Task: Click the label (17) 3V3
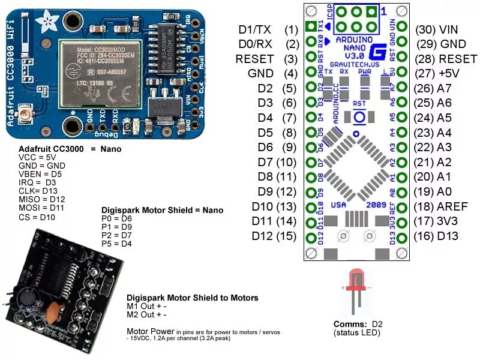tap(436, 221)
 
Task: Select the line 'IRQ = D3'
tap(37, 182)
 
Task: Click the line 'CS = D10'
tap(37, 217)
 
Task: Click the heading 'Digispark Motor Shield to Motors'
tap(192, 298)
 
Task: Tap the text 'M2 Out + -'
tap(146, 315)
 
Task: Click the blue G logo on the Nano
tap(377, 52)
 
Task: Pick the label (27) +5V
tap(440, 73)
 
